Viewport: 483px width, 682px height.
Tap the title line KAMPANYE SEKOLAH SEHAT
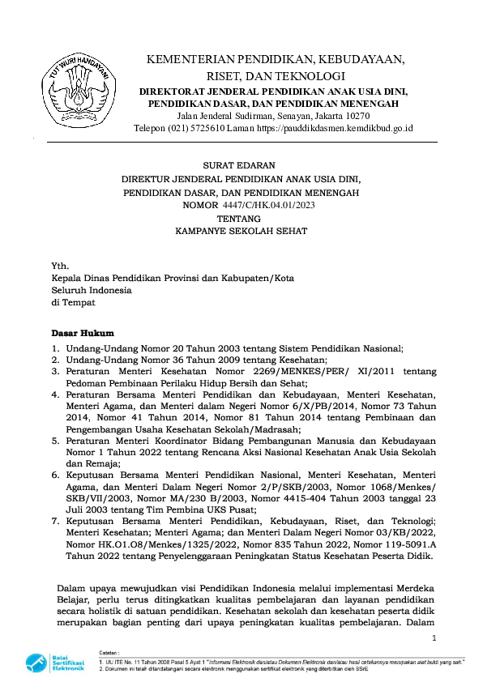[241, 231]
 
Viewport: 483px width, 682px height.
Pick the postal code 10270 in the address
[357, 116]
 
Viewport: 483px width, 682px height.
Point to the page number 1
[434, 640]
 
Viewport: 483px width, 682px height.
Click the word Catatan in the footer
[109, 650]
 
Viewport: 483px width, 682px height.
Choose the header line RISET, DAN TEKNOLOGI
[276, 75]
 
